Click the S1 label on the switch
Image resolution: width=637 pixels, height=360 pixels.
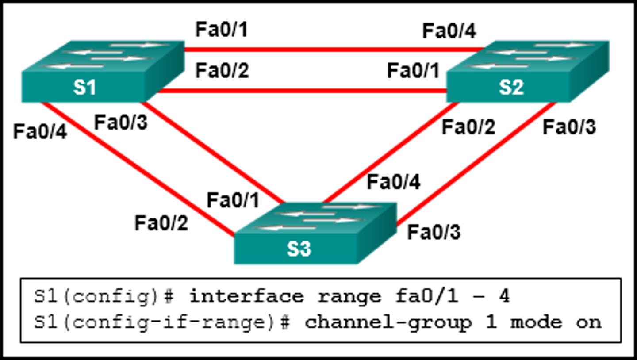(85, 87)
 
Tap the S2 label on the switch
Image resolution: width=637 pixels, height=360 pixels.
(511, 87)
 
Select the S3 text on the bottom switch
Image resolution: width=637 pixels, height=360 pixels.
(299, 249)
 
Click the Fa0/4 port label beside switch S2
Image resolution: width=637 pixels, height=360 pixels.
(449, 31)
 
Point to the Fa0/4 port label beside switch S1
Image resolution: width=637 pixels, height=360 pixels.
(40, 132)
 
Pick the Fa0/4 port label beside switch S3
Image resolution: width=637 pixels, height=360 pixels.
(394, 182)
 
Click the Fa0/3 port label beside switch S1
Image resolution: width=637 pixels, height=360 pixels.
(121, 123)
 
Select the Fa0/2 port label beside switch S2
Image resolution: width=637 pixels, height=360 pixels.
(468, 127)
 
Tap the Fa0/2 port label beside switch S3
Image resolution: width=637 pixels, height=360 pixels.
(161, 223)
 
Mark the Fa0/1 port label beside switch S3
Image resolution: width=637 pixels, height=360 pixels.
(233, 200)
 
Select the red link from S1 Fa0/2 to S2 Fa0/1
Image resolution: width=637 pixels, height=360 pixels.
(301, 91)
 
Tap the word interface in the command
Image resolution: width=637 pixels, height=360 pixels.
(246, 296)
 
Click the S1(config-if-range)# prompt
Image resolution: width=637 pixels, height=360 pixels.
(161, 322)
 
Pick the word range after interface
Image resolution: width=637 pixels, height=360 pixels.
(349, 296)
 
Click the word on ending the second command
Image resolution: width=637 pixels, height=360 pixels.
(588, 322)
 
